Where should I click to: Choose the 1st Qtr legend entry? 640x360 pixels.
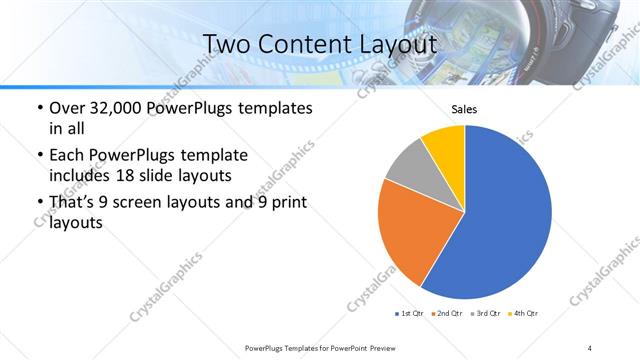(x=410, y=314)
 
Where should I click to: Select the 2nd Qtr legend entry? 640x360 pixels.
(x=445, y=314)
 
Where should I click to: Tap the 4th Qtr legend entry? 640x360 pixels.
(x=521, y=314)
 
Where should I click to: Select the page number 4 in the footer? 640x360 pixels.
(x=590, y=347)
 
